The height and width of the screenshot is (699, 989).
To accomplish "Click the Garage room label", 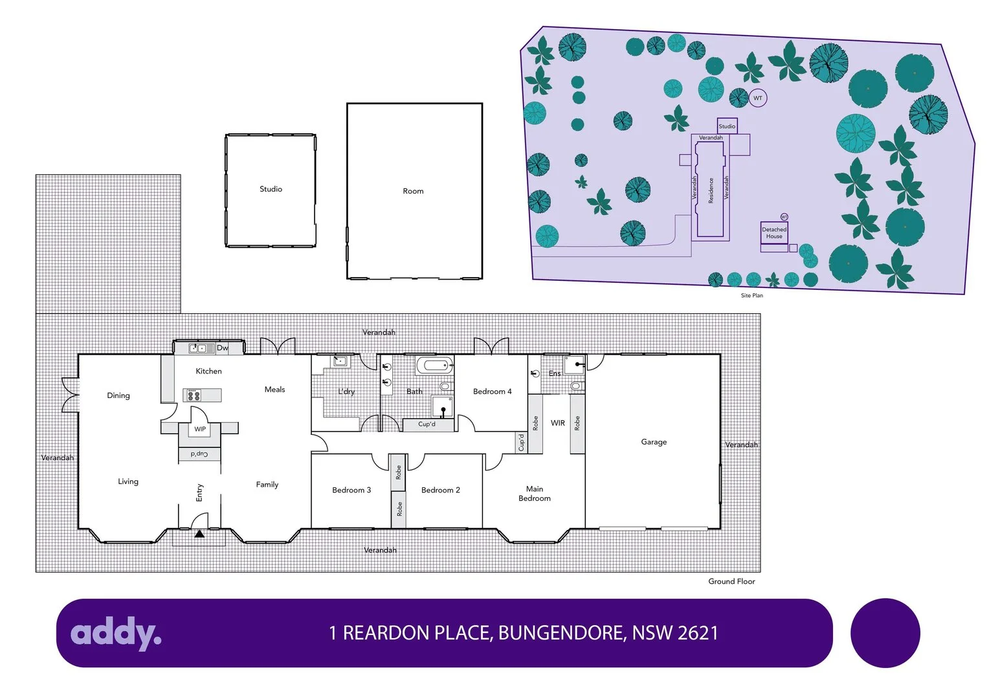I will click(x=654, y=442).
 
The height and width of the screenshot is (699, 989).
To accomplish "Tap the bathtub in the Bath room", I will click(x=434, y=366).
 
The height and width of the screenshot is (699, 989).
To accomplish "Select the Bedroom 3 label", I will click(x=351, y=490).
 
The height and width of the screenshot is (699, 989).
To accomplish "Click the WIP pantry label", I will click(x=200, y=429).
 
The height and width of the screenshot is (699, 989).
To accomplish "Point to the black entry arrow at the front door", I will click(x=199, y=534).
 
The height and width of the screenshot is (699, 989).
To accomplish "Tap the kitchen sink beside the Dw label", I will click(x=201, y=348).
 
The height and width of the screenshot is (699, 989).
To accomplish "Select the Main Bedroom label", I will click(x=535, y=494).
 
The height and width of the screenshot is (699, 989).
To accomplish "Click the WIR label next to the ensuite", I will click(x=558, y=423).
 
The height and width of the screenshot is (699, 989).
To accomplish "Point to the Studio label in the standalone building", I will click(x=271, y=189).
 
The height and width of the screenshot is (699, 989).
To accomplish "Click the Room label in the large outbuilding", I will click(x=413, y=191).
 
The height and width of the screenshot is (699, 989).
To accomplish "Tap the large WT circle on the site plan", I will click(x=758, y=98).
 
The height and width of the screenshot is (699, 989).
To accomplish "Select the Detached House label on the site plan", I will click(x=774, y=233).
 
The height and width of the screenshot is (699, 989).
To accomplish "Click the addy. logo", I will click(x=116, y=632).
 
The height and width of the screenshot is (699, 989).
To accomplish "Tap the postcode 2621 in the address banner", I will click(x=697, y=632).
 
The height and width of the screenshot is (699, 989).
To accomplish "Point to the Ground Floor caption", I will click(x=731, y=581).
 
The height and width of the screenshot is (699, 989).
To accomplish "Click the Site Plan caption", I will click(x=751, y=296).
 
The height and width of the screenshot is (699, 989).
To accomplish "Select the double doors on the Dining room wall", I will click(x=70, y=395).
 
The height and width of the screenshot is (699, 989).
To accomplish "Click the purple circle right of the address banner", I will click(x=885, y=632).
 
